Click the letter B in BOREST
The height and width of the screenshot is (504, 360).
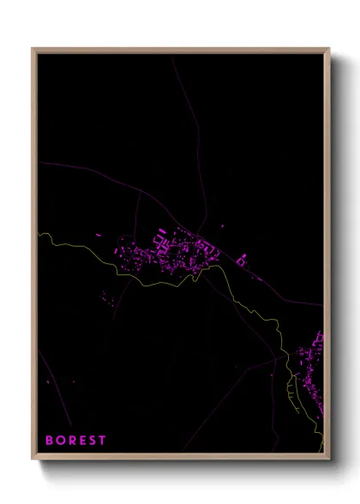(49, 440)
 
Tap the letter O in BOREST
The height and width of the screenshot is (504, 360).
(60, 440)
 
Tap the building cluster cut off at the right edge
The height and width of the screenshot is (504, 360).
(312, 364)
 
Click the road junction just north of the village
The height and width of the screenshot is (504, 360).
(200, 231)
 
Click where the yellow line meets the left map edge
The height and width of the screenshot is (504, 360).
(39, 233)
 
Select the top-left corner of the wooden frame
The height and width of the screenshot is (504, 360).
(33, 49)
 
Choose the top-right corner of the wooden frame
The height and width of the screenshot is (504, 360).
(328, 49)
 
